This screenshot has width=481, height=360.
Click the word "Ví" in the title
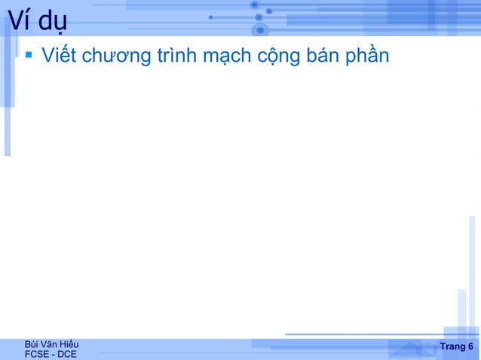[18, 23]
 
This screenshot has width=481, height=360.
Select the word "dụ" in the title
[52, 24]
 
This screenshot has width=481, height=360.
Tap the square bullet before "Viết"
[29, 54]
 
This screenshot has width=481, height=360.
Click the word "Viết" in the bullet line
[60, 56]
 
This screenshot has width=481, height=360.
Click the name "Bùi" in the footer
[33, 344]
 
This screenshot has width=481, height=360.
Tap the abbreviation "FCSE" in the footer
[38, 354]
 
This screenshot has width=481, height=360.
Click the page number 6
[470, 346]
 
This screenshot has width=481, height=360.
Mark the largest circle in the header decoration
[261, 30]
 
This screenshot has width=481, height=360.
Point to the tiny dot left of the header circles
[210, 17]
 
